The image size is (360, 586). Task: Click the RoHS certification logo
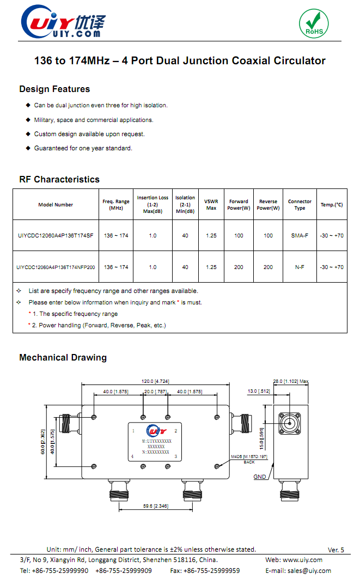click(314, 23)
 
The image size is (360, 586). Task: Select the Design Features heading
click(54, 89)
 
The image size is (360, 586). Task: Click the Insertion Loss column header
click(152, 204)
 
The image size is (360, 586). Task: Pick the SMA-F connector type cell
click(300, 236)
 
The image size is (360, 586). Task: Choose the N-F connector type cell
click(300, 267)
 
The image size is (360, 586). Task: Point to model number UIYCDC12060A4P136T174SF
click(56, 236)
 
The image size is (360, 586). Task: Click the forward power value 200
click(239, 267)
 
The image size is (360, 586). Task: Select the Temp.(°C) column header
click(332, 205)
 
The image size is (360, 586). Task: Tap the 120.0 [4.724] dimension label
click(156, 381)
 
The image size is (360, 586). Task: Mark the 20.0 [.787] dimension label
click(155, 392)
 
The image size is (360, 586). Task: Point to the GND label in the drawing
click(260, 477)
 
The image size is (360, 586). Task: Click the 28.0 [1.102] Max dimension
click(291, 381)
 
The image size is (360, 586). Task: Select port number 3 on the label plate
click(175, 456)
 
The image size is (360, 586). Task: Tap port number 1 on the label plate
click(133, 431)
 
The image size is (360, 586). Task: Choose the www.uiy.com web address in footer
click(303, 560)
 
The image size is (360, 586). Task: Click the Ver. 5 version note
click(336, 550)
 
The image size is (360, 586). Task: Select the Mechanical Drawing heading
click(63, 358)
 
